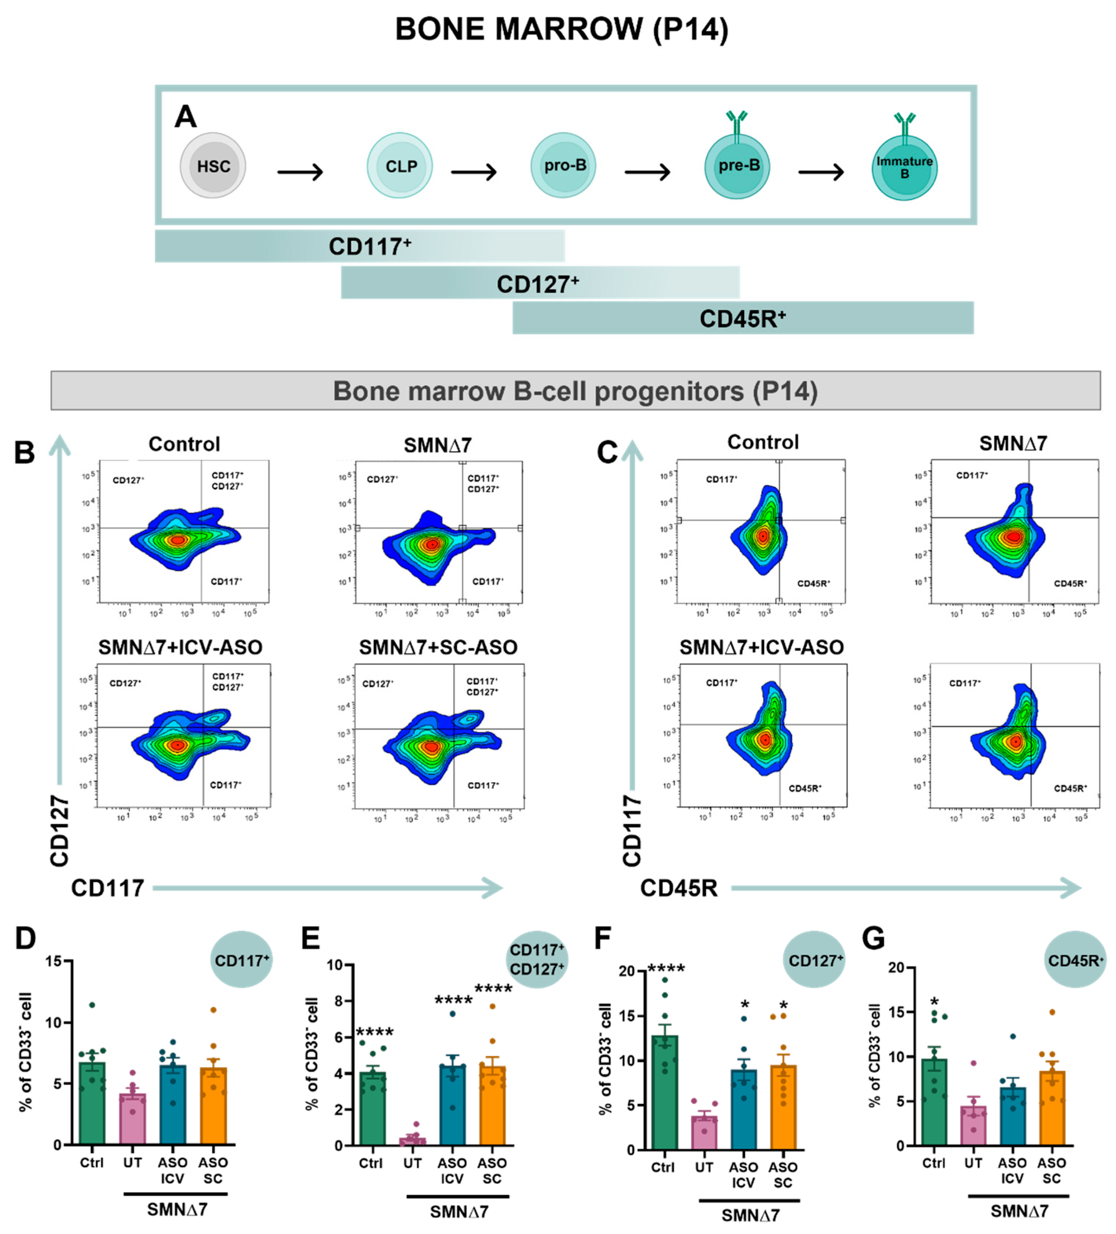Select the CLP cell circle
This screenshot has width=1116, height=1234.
[400, 166]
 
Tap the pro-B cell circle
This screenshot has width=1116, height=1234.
[563, 165]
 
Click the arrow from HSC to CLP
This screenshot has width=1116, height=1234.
[300, 172]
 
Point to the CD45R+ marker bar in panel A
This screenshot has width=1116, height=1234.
[742, 318]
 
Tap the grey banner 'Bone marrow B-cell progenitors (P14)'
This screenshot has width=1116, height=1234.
[575, 390]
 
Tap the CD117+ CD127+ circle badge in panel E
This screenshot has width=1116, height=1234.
[537, 959]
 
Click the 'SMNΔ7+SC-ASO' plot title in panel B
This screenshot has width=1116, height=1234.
[438, 647]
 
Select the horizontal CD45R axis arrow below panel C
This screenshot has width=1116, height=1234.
[906, 888]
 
